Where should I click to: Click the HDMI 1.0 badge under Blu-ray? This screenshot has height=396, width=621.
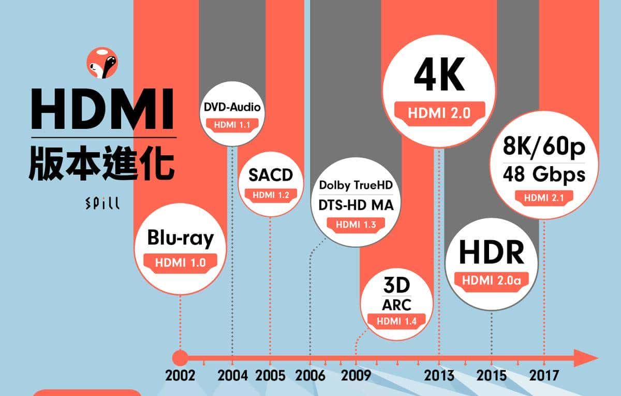click(180, 262)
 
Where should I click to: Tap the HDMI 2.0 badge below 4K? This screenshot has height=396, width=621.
click(439, 113)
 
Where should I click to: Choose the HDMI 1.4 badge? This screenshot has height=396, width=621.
click(396, 320)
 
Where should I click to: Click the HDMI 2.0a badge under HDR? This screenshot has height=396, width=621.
click(492, 281)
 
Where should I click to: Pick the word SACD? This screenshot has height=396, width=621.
click(270, 175)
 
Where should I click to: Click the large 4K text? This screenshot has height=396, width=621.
click(439, 76)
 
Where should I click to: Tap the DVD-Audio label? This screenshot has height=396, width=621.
click(232, 108)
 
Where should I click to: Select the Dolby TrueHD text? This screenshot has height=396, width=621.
click(356, 185)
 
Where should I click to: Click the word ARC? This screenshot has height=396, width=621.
click(396, 304)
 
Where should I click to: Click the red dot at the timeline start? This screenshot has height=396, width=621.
click(180, 358)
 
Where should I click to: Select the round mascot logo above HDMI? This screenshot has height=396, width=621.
click(102, 62)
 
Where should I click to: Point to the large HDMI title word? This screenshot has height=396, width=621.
click(102, 110)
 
